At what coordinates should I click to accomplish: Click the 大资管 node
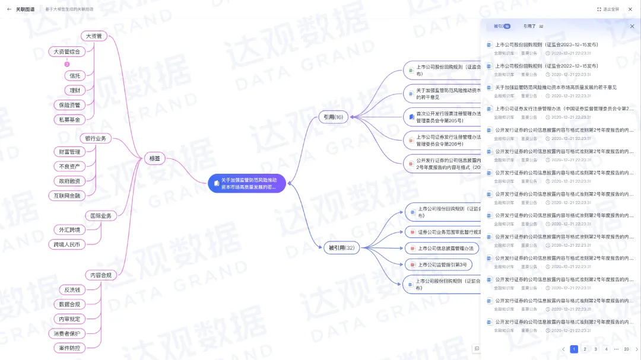point(94,36)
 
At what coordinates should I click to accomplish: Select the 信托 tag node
point(75,75)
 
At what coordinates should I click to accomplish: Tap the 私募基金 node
point(69,119)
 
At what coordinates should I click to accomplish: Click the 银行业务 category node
point(95,138)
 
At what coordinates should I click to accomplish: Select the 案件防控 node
point(69,348)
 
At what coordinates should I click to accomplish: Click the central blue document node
point(246,183)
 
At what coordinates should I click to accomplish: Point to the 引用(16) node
point(331,117)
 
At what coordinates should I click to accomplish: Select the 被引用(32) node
point(341,248)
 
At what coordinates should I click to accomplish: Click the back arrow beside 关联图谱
point(9,9)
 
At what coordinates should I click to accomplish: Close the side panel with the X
point(632,27)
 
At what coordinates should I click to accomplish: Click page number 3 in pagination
point(595,349)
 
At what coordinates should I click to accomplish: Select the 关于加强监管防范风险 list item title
point(556,87)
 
